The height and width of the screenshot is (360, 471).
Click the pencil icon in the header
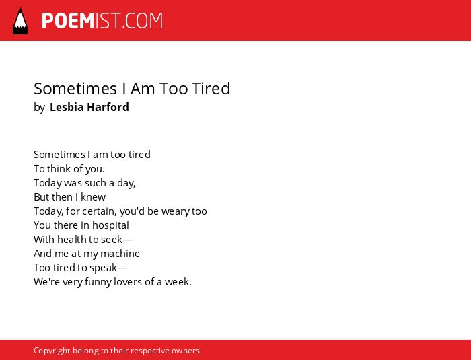20,21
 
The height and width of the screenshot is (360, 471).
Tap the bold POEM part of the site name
68,21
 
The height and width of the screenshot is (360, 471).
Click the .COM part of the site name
143,21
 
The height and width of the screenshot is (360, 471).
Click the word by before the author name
39,108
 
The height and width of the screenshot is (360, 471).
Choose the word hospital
110,225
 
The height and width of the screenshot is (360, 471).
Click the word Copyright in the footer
52,351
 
